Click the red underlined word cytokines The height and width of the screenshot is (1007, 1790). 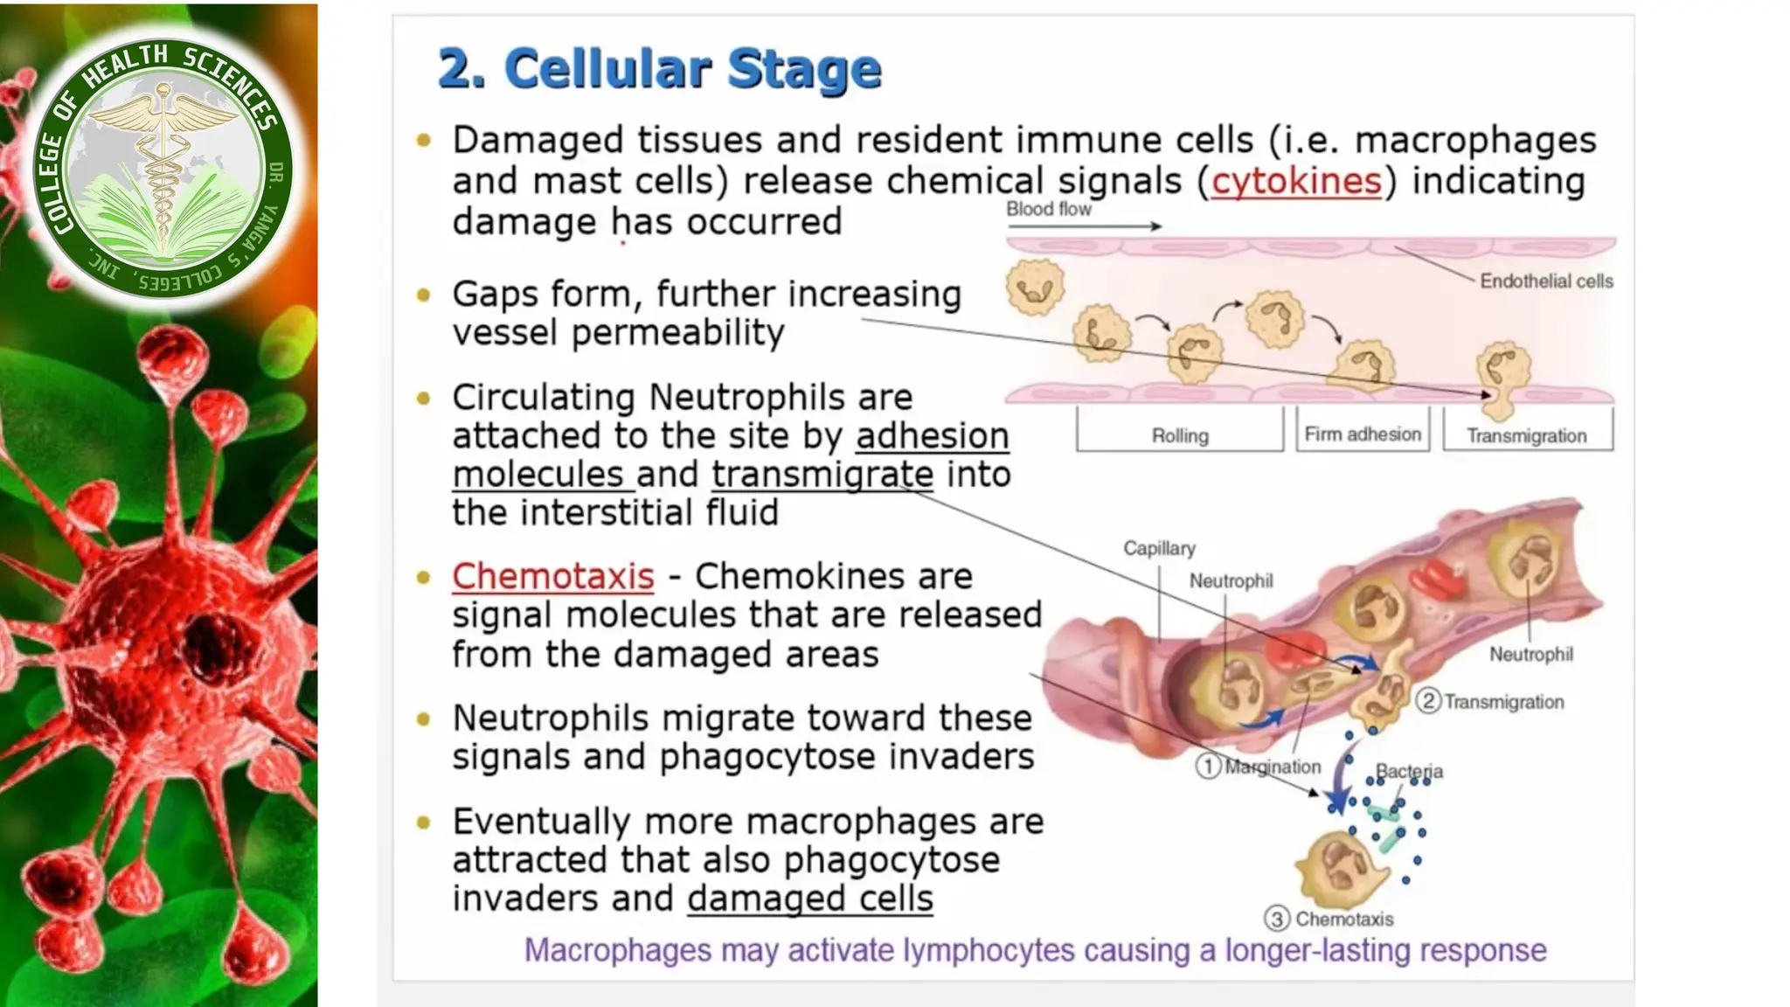[x=1296, y=182]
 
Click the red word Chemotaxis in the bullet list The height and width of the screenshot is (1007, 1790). [x=552, y=577]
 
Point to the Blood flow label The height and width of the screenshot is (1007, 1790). [x=1048, y=209]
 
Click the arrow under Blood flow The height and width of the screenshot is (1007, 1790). [x=1084, y=226]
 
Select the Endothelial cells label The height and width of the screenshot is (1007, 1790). [x=1545, y=281]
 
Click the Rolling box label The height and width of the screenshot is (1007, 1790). [x=1180, y=435]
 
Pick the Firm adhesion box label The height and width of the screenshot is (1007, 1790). [x=1363, y=434]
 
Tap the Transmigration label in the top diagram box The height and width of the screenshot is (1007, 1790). [x=1526, y=435]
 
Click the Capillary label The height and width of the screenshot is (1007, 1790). [x=1159, y=548]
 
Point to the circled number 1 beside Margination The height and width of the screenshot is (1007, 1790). [x=1208, y=767]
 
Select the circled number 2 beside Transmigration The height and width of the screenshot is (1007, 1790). [x=1428, y=701]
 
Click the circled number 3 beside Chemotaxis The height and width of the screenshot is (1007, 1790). [x=1277, y=919]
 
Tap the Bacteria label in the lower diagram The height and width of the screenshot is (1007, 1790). [x=1409, y=771]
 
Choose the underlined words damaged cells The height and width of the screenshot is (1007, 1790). [x=810, y=899]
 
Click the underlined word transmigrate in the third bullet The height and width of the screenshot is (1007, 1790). [x=822, y=475]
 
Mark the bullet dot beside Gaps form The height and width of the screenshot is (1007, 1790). [x=424, y=295]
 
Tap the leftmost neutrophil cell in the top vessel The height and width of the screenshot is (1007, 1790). [x=1035, y=287]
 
